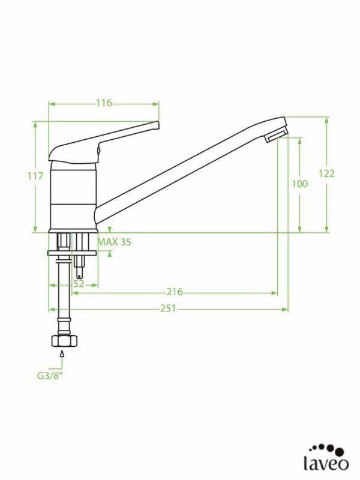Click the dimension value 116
[x=104, y=103]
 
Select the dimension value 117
[x=35, y=176]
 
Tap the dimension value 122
[x=326, y=173]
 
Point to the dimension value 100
[x=299, y=184]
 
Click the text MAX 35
[x=114, y=242]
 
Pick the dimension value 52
[x=78, y=284]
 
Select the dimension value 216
[x=174, y=292]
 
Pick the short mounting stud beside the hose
[x=81, y=264]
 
